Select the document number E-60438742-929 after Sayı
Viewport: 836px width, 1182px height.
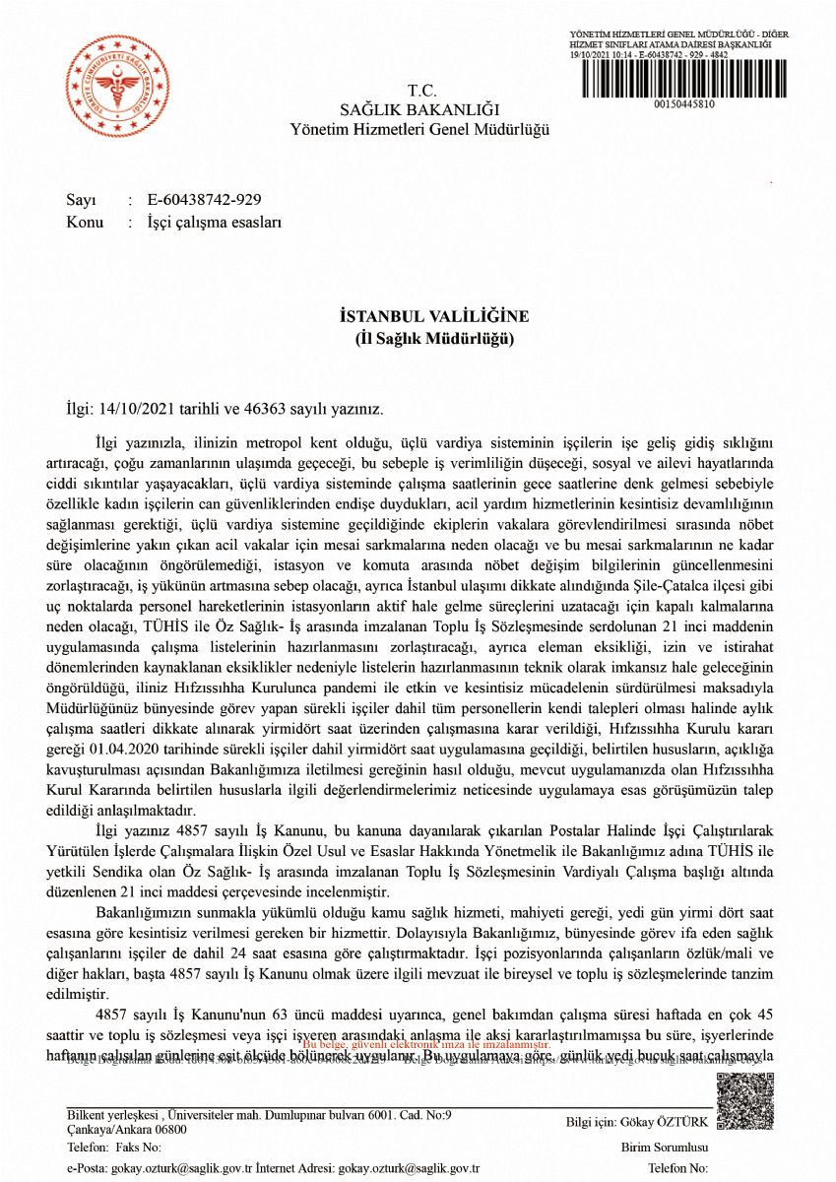205,200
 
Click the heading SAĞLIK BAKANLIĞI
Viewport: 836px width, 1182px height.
419,109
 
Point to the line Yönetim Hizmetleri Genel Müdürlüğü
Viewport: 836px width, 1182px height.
419,129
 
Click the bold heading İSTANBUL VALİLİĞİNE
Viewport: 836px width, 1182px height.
434,316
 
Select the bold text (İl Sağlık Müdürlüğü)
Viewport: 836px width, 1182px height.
434,338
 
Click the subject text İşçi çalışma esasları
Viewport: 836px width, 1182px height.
215,223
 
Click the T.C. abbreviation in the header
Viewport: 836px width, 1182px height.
420,90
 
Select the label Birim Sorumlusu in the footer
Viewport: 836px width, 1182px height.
665,1148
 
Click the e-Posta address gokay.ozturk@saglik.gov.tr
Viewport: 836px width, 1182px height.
178,1168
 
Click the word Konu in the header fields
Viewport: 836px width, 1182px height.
85,223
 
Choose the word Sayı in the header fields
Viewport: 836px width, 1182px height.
81,200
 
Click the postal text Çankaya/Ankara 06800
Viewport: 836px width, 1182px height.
127,1130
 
